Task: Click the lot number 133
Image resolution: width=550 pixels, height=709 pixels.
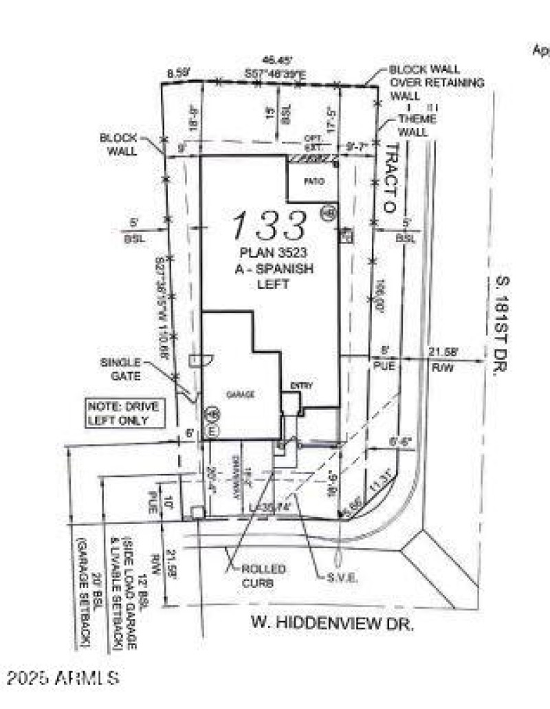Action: [x=269, y=225]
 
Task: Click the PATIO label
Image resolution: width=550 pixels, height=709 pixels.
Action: [x=313, y=182]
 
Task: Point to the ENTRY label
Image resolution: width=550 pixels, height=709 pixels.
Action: [x=301, y=386]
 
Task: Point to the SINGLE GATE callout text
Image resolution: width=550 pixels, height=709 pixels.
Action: [x=121, y=369]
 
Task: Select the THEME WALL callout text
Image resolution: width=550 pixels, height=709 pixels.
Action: [x=417, y=125]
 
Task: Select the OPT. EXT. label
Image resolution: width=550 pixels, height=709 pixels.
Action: [x=313, y=141]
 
